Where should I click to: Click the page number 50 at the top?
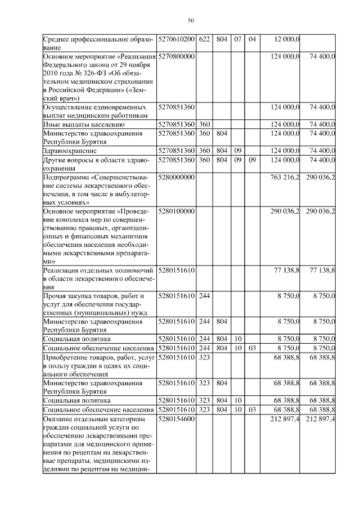191,21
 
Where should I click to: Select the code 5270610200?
177,39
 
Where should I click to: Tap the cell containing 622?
204,39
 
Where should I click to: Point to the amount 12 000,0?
286,39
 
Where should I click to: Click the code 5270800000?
177,57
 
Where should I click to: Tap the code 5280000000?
177,177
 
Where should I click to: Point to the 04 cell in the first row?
251,39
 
